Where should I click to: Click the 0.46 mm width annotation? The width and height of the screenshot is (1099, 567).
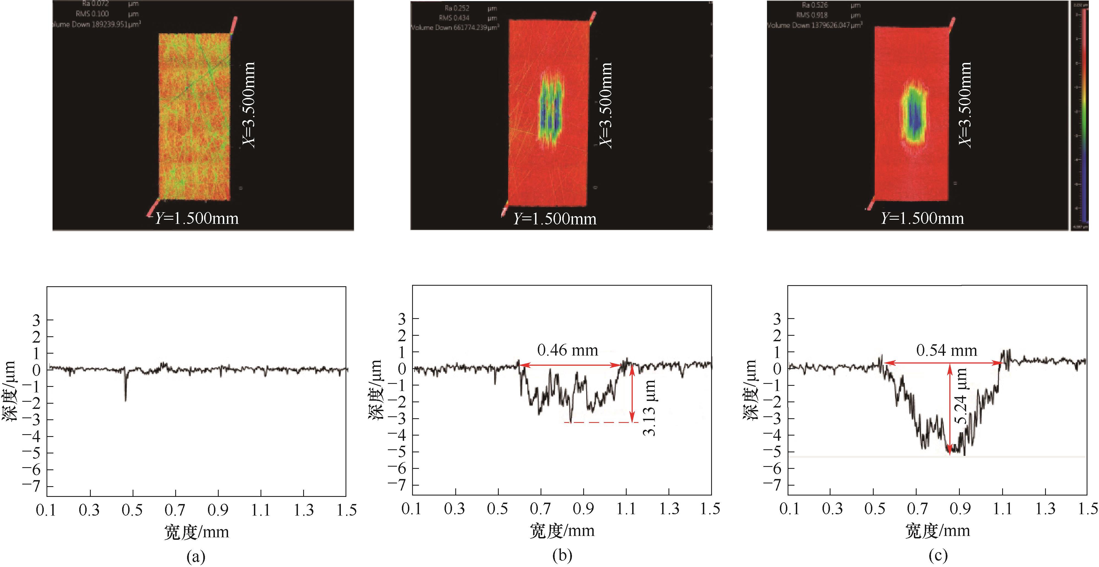point(568,350)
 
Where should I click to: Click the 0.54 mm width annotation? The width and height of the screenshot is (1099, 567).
point(946,350)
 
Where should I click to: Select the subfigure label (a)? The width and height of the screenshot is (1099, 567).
point(196,556)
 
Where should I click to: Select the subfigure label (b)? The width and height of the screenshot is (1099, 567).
point(562,555)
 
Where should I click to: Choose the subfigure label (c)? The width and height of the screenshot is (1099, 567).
point(938,555)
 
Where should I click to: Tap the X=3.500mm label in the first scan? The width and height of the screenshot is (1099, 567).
point(249,105)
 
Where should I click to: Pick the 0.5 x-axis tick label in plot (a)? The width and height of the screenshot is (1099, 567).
point(132,510)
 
